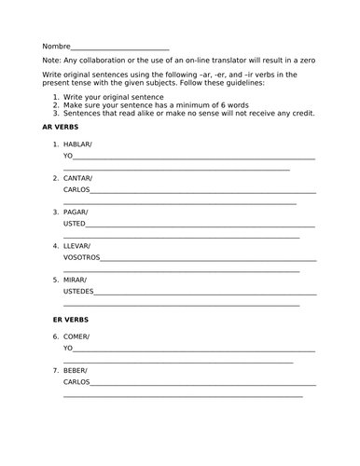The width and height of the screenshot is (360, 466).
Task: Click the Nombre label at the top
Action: [55, 46]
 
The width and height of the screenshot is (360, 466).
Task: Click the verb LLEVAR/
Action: [79, 245]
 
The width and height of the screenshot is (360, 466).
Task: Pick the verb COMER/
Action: [77, 336]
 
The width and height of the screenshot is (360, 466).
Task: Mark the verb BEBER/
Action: [77, 370]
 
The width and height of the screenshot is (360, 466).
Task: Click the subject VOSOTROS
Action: [81, 257]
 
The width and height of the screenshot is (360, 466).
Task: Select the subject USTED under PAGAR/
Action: [75, 224]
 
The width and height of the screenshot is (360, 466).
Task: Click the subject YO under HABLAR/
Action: [68, 158]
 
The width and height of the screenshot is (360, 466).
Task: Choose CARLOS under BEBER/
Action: [76, 382]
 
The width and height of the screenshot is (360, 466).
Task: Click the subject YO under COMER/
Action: [68, 348]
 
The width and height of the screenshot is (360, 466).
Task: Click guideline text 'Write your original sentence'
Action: [110, 96]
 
